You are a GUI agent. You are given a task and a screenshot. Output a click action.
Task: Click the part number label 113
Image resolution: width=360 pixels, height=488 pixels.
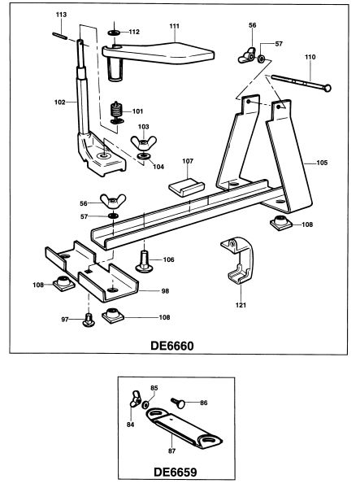[61, 15]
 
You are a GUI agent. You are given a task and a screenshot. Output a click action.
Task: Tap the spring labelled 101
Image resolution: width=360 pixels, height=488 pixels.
[119, 111]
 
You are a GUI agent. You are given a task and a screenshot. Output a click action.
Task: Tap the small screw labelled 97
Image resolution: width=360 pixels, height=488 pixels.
[89, 322]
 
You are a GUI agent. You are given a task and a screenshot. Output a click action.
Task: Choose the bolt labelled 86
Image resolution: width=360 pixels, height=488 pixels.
[184, 402]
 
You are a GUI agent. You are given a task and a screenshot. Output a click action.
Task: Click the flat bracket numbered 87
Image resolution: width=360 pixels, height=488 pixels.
[180, 429]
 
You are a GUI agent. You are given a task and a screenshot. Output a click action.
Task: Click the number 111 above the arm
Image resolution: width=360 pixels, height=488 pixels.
[173, 26]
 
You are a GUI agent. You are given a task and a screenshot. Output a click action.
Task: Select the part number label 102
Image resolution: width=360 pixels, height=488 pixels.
[59, 102]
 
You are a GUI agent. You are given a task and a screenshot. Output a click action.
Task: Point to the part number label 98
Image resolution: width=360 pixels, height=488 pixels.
[165, 290]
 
